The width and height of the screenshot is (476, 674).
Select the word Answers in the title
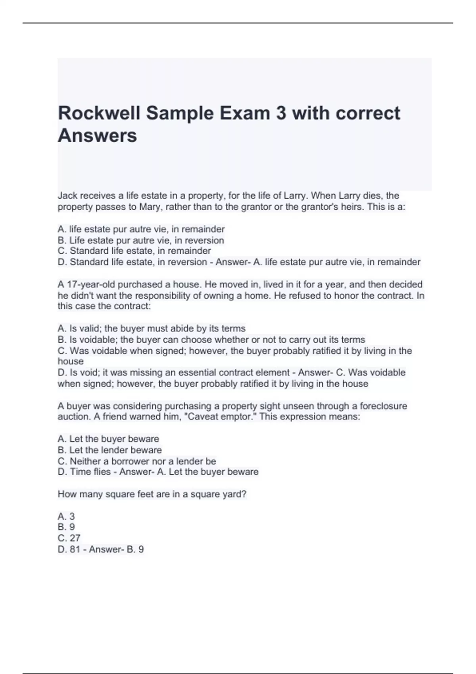coord(98,136)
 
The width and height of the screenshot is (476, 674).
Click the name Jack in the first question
coord(67,195)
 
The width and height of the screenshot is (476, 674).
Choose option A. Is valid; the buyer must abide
coord(152,328)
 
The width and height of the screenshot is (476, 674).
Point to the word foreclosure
coord(383,406)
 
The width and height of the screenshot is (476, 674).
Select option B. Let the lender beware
coord(110,450)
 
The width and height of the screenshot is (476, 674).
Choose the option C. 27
coord(69,538)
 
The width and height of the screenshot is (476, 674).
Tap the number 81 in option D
coord(75,549)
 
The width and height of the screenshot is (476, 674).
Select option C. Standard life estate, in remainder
coord(134,251)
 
